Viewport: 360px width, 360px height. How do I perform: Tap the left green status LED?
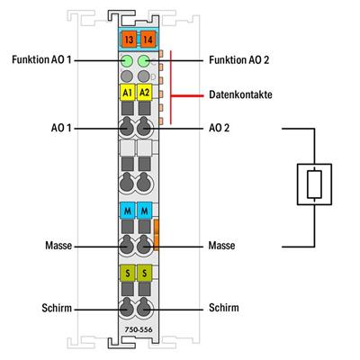(127, 61)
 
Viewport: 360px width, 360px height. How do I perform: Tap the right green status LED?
(145, 61)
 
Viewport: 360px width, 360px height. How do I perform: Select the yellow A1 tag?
(127, 94)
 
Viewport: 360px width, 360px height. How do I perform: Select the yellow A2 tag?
(145, 94)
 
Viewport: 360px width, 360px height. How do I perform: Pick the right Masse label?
(219, 245)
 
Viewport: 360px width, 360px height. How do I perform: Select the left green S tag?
(127, 273)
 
